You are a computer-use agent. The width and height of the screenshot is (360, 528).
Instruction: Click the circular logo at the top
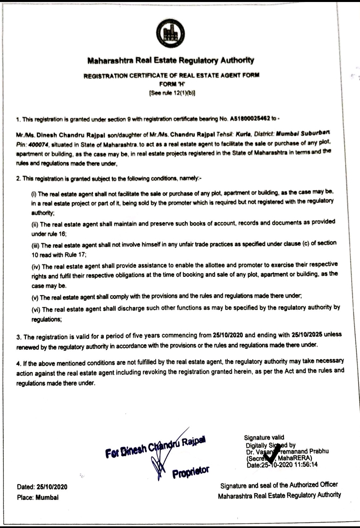tap(170, 33)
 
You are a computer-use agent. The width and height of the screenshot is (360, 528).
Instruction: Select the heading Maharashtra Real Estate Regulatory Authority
tap(170, 60)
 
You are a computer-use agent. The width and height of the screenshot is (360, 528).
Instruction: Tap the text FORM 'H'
tap(171, 84)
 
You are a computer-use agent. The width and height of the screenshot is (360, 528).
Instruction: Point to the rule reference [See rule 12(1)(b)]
tap(172, 93)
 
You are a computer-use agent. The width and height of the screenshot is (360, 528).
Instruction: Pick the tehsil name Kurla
tap(243, 134)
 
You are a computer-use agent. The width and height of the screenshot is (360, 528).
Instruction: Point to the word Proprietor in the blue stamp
tap(191, 472)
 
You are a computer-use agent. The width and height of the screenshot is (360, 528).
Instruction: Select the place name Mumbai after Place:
tap(47, 497)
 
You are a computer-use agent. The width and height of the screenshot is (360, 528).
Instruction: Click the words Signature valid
tap(264, 438)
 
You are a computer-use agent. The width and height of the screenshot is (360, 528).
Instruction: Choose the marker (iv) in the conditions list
tap(36, 267)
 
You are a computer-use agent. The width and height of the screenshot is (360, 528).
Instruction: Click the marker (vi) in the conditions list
tap(36, 310)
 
